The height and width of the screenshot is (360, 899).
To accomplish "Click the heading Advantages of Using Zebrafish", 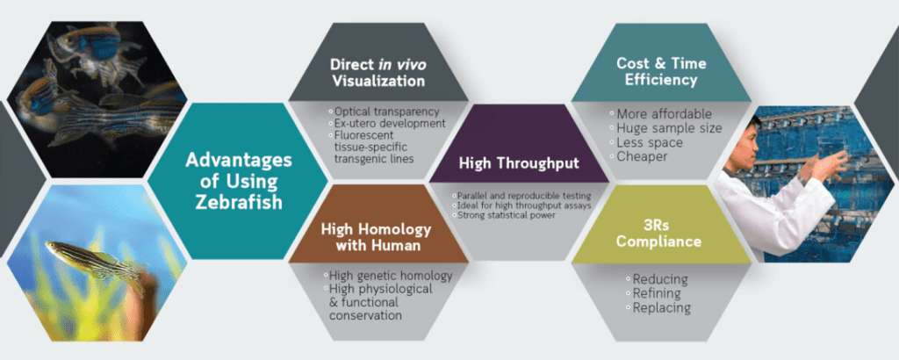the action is coord(238,181).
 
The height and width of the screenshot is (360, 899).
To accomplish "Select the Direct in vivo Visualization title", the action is coord(378,72).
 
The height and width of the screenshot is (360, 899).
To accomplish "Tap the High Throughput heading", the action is coord(519,163).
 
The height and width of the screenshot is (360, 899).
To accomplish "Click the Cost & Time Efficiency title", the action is coord(661,71).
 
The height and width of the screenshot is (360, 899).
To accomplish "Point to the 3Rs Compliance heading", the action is coord(658,232).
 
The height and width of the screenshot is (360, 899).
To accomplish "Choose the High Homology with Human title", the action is coord(376,237).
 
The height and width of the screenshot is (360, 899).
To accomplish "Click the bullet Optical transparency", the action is coord(384,112).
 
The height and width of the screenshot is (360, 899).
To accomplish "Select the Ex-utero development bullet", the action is coord(387,123).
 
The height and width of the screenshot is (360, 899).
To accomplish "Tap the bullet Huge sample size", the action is coord(665,128).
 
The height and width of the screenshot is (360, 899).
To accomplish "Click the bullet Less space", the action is coord(646,142).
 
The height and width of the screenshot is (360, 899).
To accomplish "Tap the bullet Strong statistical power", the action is coord(504,214).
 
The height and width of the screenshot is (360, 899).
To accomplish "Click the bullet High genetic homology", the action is coord(387,276).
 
